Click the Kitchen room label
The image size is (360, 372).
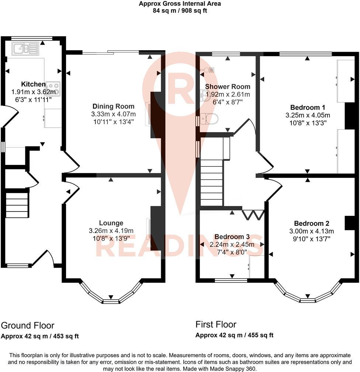click(x=33, y=84)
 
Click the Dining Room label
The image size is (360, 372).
click(x=113, y=107)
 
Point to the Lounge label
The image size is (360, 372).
click(x=111, y=223)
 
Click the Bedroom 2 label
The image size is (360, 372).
click(x=312, y=223)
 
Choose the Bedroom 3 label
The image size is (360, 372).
click(x=232, y=237)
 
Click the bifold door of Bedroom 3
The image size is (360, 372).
click(x=253, y=214)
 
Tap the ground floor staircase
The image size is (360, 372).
click(x=17, y=203)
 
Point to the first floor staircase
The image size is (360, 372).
click(x=212, y=181)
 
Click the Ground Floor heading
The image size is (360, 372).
click(x=28, y=325)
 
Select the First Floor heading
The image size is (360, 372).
click(x=216, y=324)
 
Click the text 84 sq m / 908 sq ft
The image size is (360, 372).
click(x=180, y=11)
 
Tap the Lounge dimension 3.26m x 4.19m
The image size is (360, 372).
click(x=111, y=231)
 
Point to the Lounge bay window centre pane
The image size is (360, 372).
click(x=111, y=301)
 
